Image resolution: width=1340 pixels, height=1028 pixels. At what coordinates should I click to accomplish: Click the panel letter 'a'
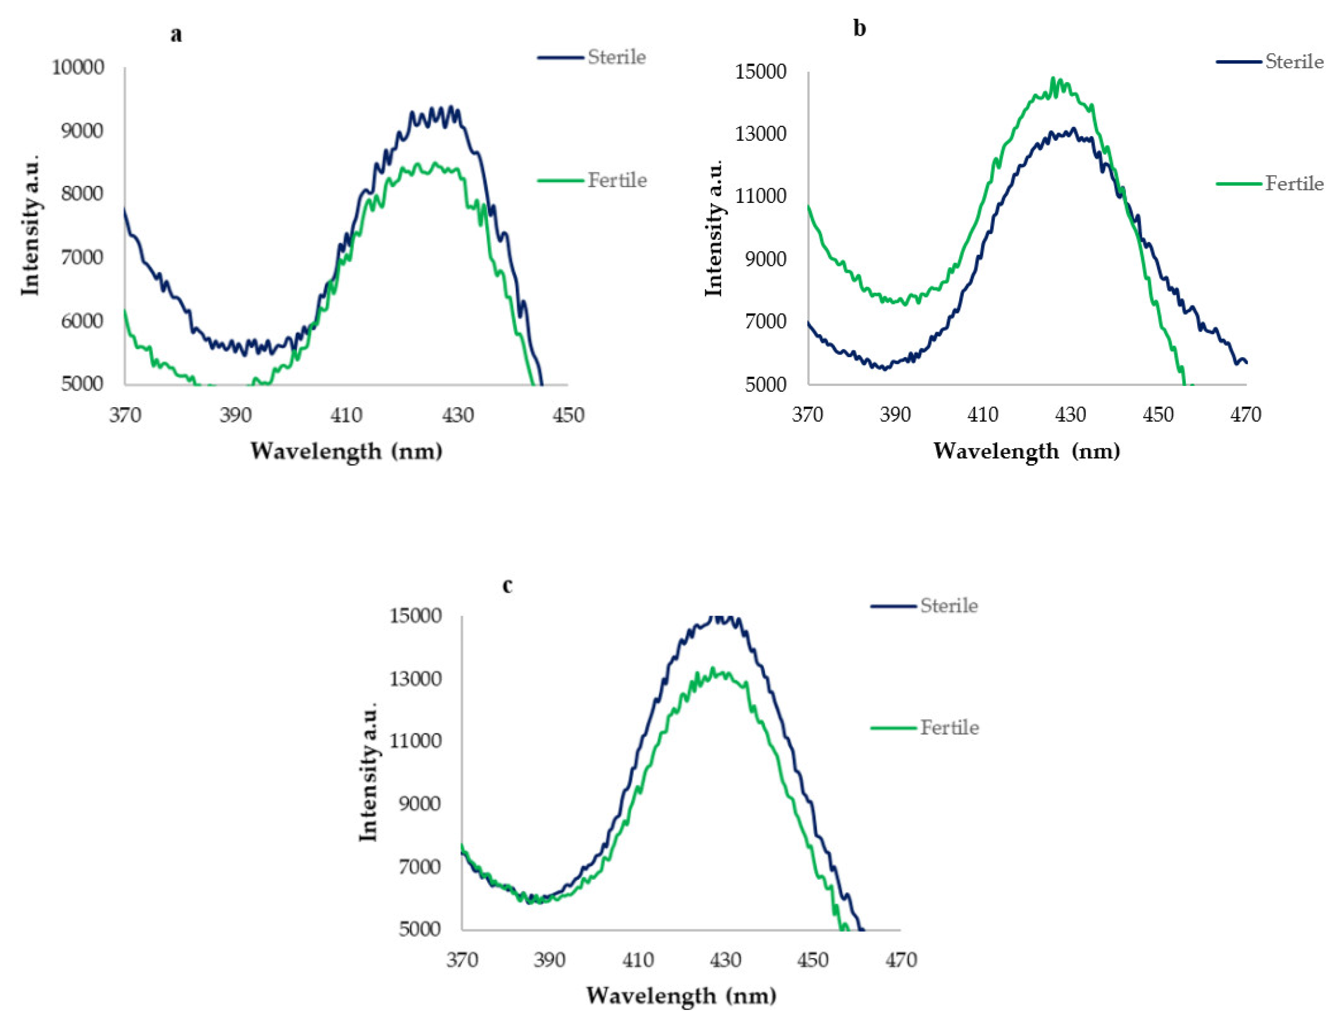pos(176,35)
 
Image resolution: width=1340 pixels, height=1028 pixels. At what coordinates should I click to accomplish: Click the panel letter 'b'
pos(859,29)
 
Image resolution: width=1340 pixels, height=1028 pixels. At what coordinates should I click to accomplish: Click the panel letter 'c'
pos(507,586)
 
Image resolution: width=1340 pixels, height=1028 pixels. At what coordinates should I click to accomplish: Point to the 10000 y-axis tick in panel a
pos(78,67)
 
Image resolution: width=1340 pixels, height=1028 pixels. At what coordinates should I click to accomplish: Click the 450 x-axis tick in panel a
pos(569,415)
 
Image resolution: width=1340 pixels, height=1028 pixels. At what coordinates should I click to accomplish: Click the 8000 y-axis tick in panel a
pos(82,193)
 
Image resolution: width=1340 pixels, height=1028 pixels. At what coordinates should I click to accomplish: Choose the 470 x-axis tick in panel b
pos(1246,415)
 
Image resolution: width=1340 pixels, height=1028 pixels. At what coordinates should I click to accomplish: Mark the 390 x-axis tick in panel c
pos(549,959)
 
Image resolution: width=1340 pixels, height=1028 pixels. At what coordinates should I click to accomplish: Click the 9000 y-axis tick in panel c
pos(419,803)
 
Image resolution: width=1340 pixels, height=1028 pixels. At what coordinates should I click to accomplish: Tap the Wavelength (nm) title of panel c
pos(681,996)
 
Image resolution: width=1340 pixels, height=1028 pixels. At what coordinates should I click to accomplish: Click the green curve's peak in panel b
pos(1054,78)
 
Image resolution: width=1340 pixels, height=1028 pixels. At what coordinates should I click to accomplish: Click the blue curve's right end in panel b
pos(1246,362)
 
